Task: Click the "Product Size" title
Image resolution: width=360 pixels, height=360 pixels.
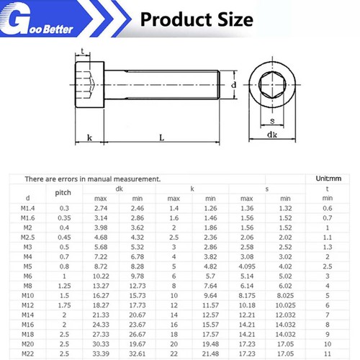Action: pyautogui.click(x=196, y=18)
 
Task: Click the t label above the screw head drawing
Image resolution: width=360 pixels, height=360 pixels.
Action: pyautogui.click(x=84, y=52)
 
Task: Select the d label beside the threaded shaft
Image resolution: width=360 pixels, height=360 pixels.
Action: pyautogui.click(x=234, y=85)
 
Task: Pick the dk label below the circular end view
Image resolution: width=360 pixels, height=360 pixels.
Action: pyautogui.click(x=272, y=135)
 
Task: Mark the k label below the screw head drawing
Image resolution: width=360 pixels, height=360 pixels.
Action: pyautogui.click(x=89, y=137)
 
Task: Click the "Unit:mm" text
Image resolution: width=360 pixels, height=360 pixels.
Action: pyautogui.click(x=330, y=178)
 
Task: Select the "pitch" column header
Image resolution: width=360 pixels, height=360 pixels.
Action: pyautogui.click(x=63, y=193)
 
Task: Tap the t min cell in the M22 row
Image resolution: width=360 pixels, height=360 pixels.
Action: pyautogui.click(x=328, y=354)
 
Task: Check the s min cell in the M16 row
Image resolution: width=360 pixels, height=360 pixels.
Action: pyautogui.click(x=285, y=324)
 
